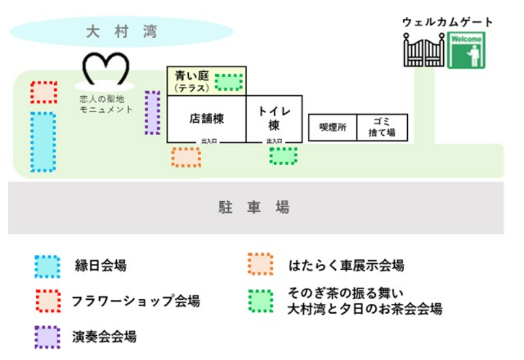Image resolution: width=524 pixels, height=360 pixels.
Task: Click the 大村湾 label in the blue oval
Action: (x=121, y=31)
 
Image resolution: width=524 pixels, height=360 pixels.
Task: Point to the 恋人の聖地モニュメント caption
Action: (x=106, y=104)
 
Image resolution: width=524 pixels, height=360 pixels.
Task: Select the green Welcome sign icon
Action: (x=466, y=51)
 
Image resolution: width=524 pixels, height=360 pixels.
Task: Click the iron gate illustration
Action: (x=424, y=50)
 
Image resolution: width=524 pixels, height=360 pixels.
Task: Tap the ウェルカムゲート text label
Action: (x=447, y=22)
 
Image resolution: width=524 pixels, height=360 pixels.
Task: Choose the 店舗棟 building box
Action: (x=207, y=118)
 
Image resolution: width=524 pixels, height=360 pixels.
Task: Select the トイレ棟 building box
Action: (x=274, y=118)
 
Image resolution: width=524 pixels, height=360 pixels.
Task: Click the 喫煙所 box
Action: (x=333, y=127)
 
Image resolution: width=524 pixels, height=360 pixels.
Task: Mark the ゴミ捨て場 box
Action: (x=382, y=127)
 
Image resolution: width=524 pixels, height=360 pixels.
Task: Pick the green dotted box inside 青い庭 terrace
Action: (x=228, y=81)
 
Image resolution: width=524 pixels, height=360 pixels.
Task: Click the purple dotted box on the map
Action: (x=152, y=112)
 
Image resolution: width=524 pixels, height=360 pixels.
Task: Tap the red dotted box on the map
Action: (x=44, y=93)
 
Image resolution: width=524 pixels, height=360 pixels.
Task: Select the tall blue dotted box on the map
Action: (x=43, y=142)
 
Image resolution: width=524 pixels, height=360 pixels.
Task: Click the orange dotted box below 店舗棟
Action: (x=186, y=157)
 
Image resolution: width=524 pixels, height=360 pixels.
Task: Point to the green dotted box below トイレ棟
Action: (x=283, y=156)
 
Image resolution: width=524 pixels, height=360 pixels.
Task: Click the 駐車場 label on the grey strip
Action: (x=254, y=208)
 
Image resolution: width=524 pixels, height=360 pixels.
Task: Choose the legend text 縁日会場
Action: (x=100, y=266)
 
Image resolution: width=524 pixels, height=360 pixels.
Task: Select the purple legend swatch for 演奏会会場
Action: (x=47, y=338)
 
